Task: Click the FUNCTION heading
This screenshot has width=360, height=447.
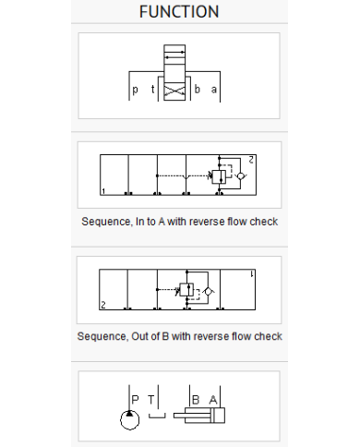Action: (x=179, y=12)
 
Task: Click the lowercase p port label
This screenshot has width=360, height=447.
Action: (x=135, y=90)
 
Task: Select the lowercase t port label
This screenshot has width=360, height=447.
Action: (x=153, y=89)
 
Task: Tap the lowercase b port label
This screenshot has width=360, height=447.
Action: (x=198, y=89)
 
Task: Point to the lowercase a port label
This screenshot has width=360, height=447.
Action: (x=214, y=90)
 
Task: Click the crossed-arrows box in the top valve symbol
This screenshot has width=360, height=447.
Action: (x=174, y=91)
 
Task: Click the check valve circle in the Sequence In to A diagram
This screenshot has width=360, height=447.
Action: (x=241, y=176)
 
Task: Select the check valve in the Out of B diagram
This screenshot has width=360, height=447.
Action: (x=209, y=291)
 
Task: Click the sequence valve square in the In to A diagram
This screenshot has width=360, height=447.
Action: (x=219, y=176)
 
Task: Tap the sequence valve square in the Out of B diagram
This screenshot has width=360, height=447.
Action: (x=186, y=290)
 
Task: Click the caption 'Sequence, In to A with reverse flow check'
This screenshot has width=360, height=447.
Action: (x=180, y=222)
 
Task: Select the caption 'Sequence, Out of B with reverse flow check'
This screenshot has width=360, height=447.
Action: (x=180, y=336)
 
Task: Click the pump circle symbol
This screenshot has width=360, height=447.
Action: (x=129, y=420)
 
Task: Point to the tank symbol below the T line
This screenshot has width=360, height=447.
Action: (x=157, y=416)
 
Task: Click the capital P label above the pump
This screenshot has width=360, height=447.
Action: (x=135, y=400)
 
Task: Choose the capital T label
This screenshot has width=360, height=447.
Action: (x=150, y=400)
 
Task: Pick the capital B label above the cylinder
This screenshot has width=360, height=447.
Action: (x=196, y=400)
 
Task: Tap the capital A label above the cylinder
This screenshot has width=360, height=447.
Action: (x=213, y=400)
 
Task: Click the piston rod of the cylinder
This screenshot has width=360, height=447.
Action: (x=192, y=416)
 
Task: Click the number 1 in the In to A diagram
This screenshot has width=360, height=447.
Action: (x=103, y=191)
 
